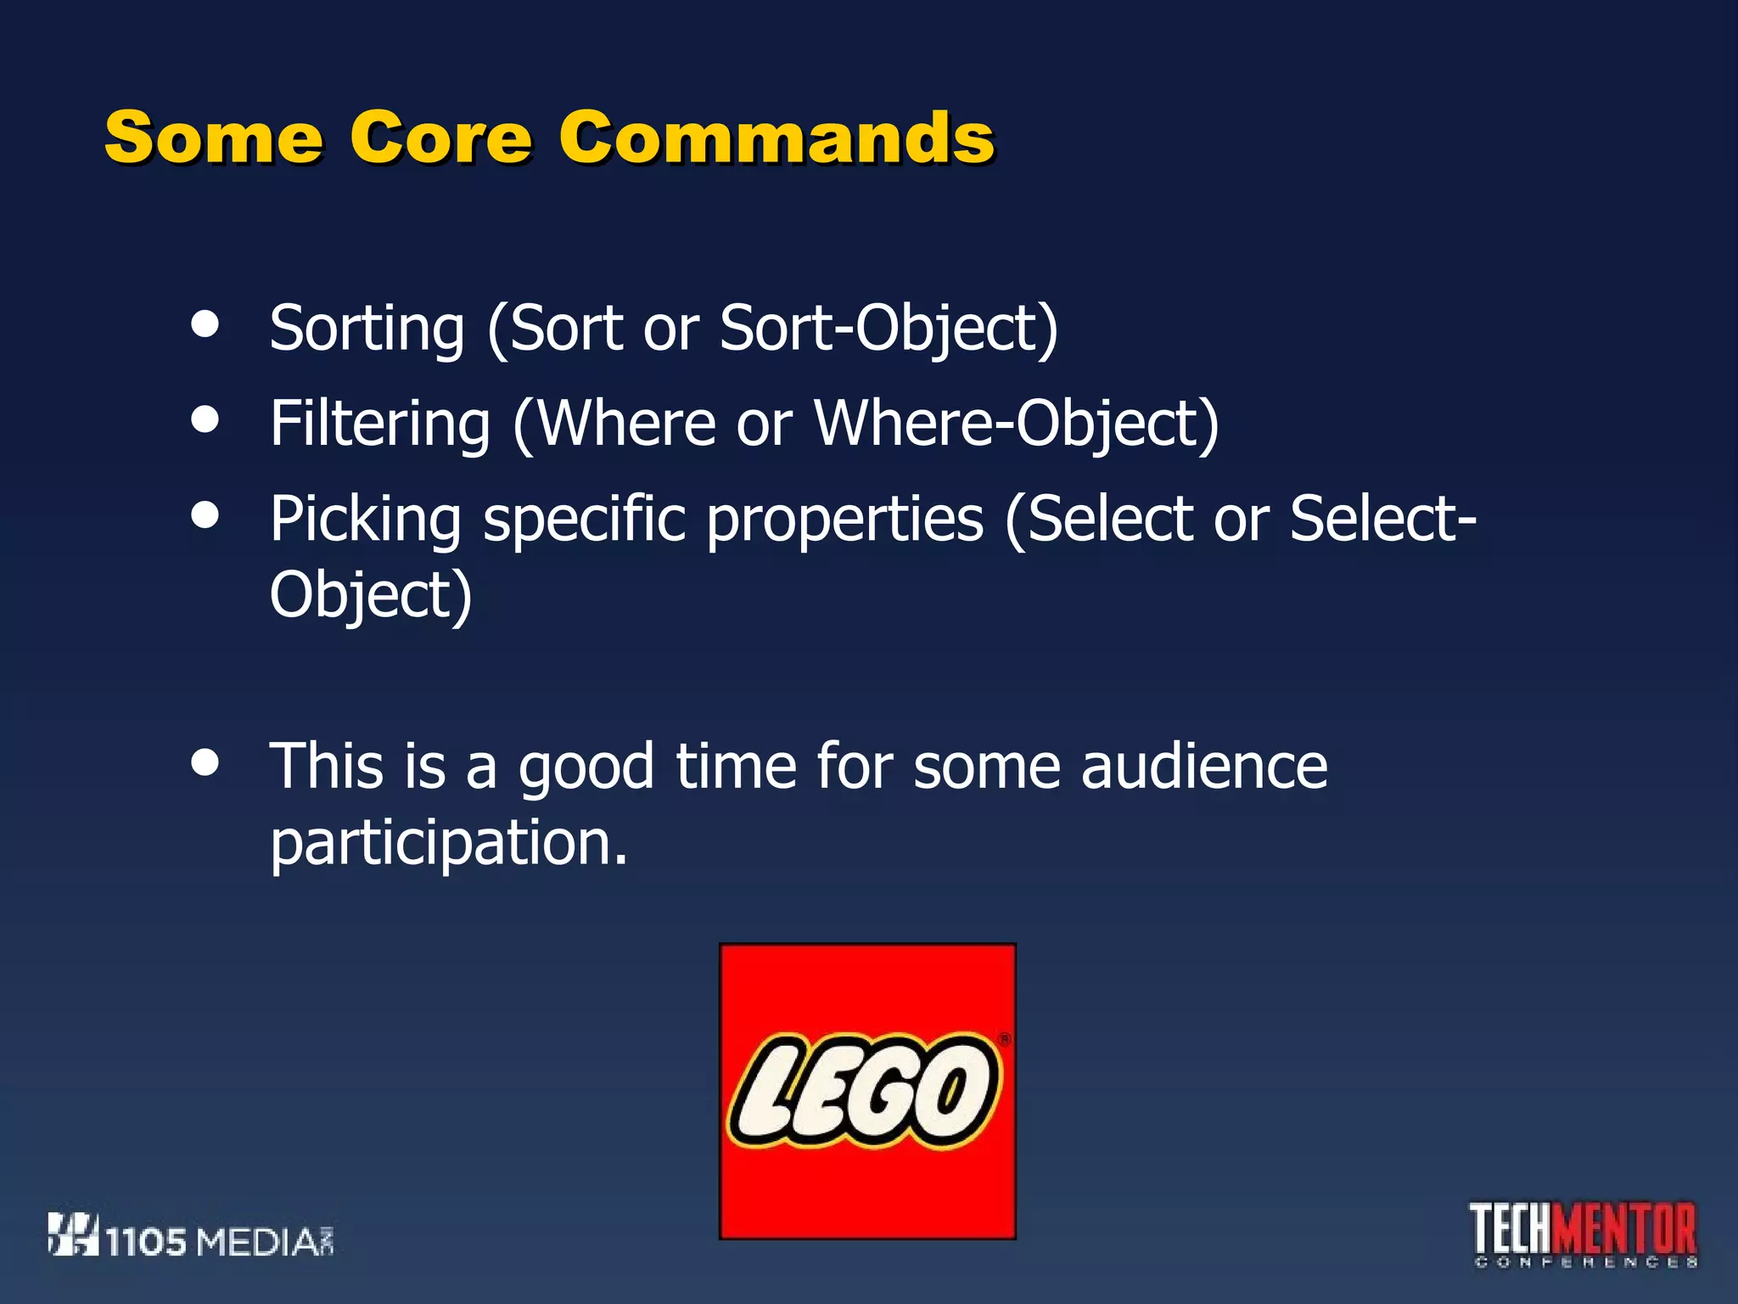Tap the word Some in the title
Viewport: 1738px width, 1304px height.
point(213,138)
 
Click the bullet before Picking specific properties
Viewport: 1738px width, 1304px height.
point(205,514)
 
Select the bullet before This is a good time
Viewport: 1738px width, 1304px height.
point(205,762)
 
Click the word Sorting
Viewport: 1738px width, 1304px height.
point(367,329)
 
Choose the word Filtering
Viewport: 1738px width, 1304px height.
point(379,424)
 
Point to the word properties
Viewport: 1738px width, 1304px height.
point(844,520)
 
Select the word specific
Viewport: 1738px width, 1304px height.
point(585,520)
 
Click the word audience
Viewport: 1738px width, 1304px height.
point(1203,766)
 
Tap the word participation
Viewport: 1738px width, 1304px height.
point(448,844)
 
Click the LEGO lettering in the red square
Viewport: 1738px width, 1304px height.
point(864,1091)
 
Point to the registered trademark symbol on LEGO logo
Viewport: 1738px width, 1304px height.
point(1005,1039)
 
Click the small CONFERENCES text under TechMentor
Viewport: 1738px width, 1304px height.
point(1585,1262)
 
